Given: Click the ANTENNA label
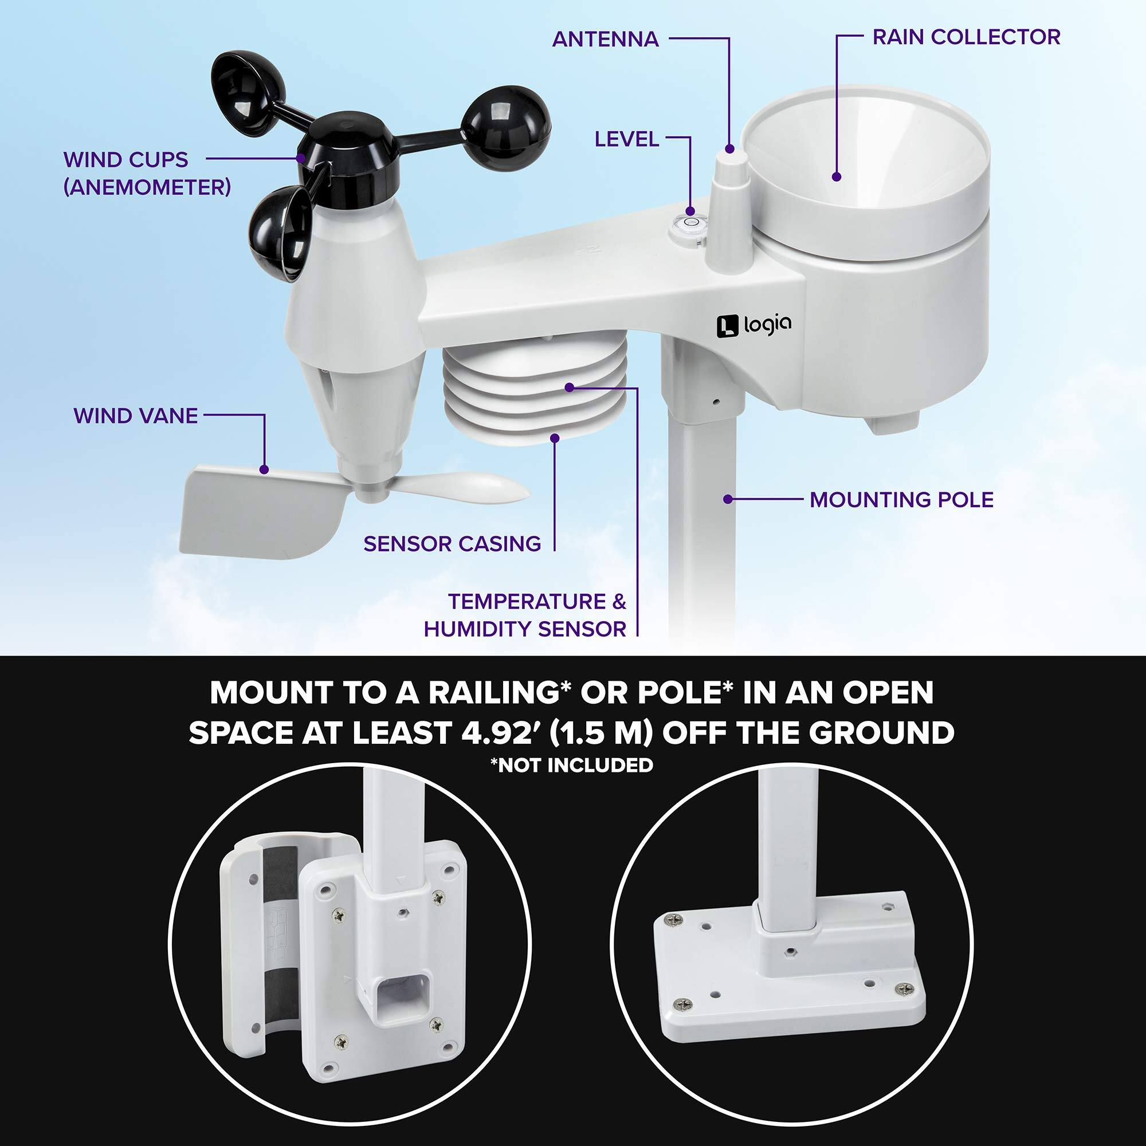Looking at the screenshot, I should (x=605, y=39).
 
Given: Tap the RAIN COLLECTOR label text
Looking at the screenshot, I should (x=966, y=37).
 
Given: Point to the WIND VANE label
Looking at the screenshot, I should (x=135, y=416).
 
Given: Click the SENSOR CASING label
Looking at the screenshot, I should (x=452, y=543).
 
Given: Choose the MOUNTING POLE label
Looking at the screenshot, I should (x=901, y=500).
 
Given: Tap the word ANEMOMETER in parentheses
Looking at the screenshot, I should (x=147, y=187).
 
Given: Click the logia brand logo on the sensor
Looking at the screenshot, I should (x=753, y=325).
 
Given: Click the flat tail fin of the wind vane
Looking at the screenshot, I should (x=261, y=510).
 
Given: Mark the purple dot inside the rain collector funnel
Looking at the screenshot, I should (x=837, y=176).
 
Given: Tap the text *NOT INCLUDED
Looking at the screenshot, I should (x=571, y=765).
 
